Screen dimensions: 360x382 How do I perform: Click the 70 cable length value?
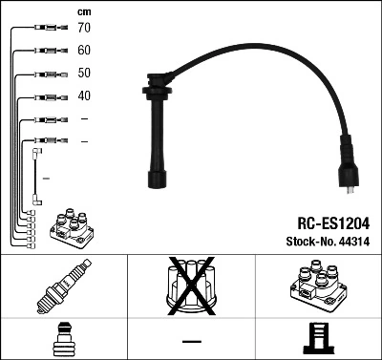click(x=84, y=29)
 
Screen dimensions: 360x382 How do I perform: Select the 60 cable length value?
click(x=84, y=51)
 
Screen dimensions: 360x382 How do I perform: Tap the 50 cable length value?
click(x=84, y=74)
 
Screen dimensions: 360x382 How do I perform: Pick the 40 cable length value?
click(x=84, y=96)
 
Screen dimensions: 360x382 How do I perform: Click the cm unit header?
click(x=83, y=11)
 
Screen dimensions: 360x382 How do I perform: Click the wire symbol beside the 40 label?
click(x=48, y=96)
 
